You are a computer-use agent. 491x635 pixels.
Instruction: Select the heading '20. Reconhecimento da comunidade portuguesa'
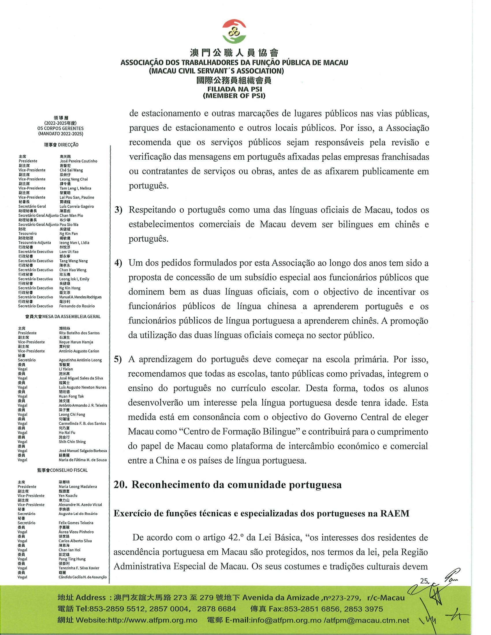click(x=228, y=485)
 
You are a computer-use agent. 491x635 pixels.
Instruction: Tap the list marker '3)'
click(x=118, y=210)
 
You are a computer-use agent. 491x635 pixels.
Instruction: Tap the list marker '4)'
click(x=118, y=263)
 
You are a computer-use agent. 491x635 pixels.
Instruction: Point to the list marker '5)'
click(x=118, y=359)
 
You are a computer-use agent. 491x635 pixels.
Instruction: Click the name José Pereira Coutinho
click(x=78, y=161)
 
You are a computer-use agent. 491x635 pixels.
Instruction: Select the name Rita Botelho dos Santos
click(x=79, y=333)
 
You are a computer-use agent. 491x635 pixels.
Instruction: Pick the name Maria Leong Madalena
click(x=78, y=486)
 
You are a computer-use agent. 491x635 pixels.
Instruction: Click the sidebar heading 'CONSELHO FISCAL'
click(x=69, y=470)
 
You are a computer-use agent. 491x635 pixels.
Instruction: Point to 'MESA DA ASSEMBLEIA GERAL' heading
click(x=71, y=317)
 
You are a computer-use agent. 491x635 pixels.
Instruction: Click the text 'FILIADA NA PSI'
click(x=235, y=89)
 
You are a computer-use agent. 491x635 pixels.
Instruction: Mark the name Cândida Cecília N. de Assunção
click(x=83, y=577)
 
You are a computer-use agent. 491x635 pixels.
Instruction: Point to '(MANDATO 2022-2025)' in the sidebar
click(x=60, y=134)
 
